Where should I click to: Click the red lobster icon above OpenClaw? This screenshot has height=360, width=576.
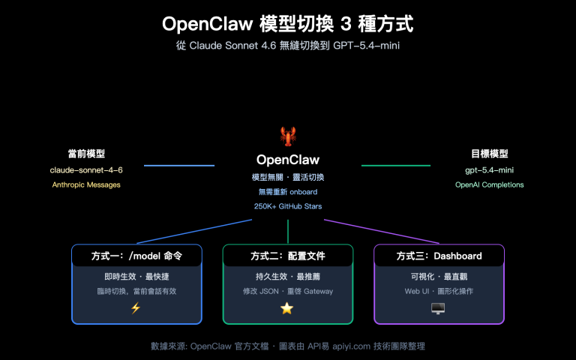(287, 136)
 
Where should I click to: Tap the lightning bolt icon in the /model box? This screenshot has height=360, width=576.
(136, 307)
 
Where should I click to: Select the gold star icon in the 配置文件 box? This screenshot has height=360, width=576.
(287, 307)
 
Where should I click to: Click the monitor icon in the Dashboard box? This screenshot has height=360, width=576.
(438, 307)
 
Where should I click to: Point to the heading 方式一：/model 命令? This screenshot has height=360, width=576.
(136, 256)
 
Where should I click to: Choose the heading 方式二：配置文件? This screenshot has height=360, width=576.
(287, 256)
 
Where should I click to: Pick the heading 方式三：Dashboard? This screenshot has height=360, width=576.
(439, 256)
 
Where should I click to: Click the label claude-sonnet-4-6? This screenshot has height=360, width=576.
(86, 170)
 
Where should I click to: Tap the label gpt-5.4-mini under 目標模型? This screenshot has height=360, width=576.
(488, 170)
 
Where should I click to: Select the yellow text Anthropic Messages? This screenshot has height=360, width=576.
(86, 184)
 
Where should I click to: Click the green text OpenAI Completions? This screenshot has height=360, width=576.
(489, 184)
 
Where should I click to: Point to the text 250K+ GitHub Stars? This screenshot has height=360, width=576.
(288, 205)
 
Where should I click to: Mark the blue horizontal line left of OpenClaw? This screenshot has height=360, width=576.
(178, 165)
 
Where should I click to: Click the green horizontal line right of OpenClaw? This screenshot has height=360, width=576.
(396, 165)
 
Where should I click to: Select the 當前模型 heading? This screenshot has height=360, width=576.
(86, 154)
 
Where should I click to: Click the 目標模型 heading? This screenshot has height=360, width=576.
(489, 154)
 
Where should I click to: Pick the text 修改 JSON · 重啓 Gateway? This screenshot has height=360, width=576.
(287, 291)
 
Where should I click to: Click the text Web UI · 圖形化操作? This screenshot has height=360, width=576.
(439, 291)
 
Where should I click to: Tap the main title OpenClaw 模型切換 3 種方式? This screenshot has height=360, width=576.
(287, 24)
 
